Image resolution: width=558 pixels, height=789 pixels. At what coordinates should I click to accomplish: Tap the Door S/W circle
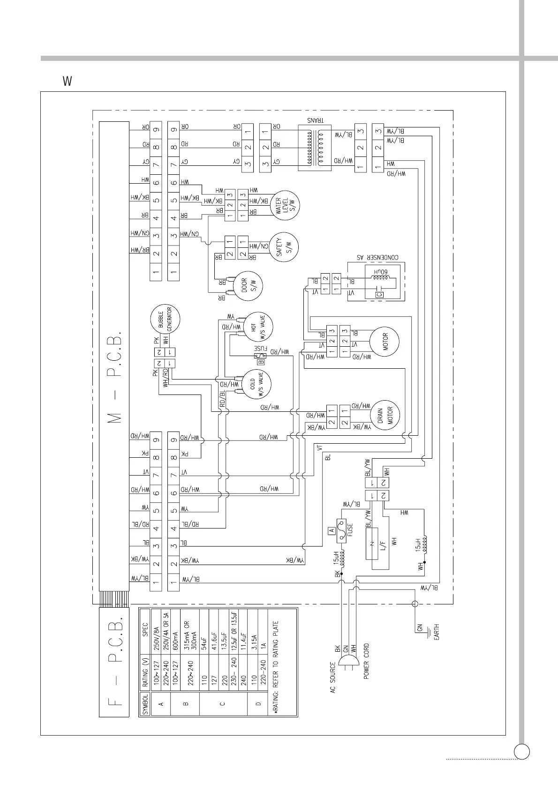[248, 286]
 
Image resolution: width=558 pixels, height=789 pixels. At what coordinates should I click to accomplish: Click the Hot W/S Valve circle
[258, 326]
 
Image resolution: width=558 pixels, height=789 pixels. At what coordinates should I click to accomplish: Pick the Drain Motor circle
[384, 415]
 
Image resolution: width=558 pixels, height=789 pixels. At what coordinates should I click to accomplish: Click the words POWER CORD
[366, 661]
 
